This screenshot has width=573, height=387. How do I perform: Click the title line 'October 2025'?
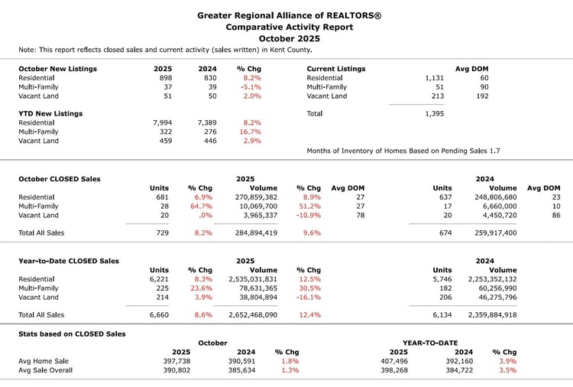click(x=289, y=37)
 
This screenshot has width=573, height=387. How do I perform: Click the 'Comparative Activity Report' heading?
click(x=289, y=27)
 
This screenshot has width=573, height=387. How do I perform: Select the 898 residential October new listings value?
click(x=163, y=78)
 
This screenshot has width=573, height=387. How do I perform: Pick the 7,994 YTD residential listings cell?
click(x=163, y=122)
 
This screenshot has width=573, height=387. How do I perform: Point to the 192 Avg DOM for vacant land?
click(x=483, y=96)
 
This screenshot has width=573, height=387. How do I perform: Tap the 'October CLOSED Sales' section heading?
click(x=60, y=179)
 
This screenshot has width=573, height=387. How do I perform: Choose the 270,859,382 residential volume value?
click(x=252, y=197)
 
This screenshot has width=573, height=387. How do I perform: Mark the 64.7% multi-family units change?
click(x=199, y=207)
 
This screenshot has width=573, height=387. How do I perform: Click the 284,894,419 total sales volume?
click(x=252, y=233)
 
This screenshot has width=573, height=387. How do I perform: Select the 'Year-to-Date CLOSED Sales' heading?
click(x=69, y=261)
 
